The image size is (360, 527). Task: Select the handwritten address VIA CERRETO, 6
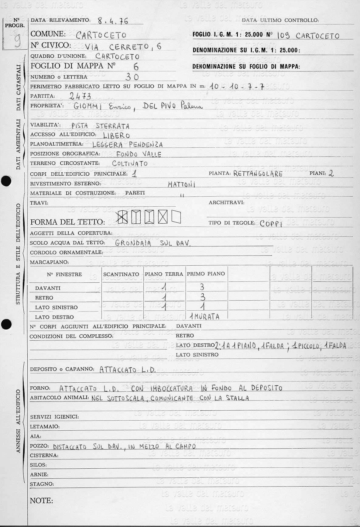(x=123, y=47)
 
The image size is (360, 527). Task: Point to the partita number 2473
(x=80, y=96)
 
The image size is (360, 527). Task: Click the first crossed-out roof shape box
(x=122, y=217)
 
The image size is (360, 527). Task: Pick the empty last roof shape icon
(x=176, y=217)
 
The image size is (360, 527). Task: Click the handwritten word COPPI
(x=271, y=224)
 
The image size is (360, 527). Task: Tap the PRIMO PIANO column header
(x=206, y=274)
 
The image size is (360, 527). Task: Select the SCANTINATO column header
(x=121, y=274)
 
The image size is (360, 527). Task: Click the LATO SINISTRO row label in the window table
(x=56, y=308)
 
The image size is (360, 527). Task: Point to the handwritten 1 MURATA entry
(x=204, y=317)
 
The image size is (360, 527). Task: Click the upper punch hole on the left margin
(x=6, y=181)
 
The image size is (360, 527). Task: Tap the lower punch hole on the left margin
(x=6, y=324)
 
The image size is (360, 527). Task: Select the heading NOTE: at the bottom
(x=41, y=501)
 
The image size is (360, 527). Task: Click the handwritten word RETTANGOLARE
(x=258, y=174)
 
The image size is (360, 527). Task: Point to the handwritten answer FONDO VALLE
(x=139, y=154)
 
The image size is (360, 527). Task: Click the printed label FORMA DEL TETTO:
(x=67, y=222)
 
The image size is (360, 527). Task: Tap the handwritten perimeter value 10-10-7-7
(x=237, y=87)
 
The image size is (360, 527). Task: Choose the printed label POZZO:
(x=39, y=446)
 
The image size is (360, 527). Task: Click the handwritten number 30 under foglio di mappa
(x=132, y=77)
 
